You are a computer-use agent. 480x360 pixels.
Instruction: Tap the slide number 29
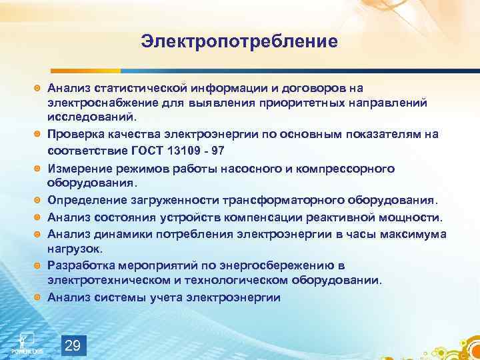74,345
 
